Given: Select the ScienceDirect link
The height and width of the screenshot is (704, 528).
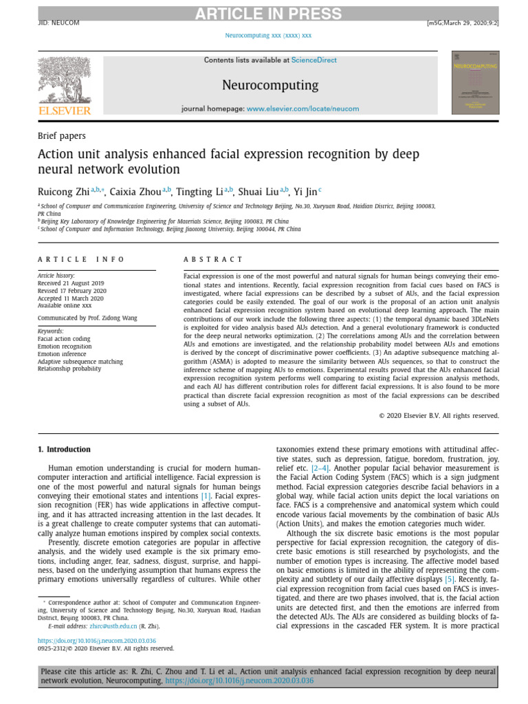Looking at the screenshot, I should point(313,60).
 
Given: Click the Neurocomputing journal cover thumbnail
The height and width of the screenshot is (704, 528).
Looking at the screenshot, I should point(475,82).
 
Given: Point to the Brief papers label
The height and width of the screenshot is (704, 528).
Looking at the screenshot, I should point(61,136).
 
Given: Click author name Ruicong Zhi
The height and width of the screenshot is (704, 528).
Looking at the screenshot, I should point(63,191).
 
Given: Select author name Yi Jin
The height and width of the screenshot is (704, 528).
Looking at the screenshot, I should point(305,191).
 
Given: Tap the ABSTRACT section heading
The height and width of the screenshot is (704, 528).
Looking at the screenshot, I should point(213,259).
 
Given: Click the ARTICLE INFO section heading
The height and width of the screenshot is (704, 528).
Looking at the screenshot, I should point(81,259).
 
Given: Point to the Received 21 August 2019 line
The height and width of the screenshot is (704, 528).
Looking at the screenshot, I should point(71,283).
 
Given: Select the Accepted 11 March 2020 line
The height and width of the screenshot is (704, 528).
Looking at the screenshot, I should point(70,298).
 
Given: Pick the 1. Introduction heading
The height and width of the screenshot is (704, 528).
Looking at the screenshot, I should point(63,450).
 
